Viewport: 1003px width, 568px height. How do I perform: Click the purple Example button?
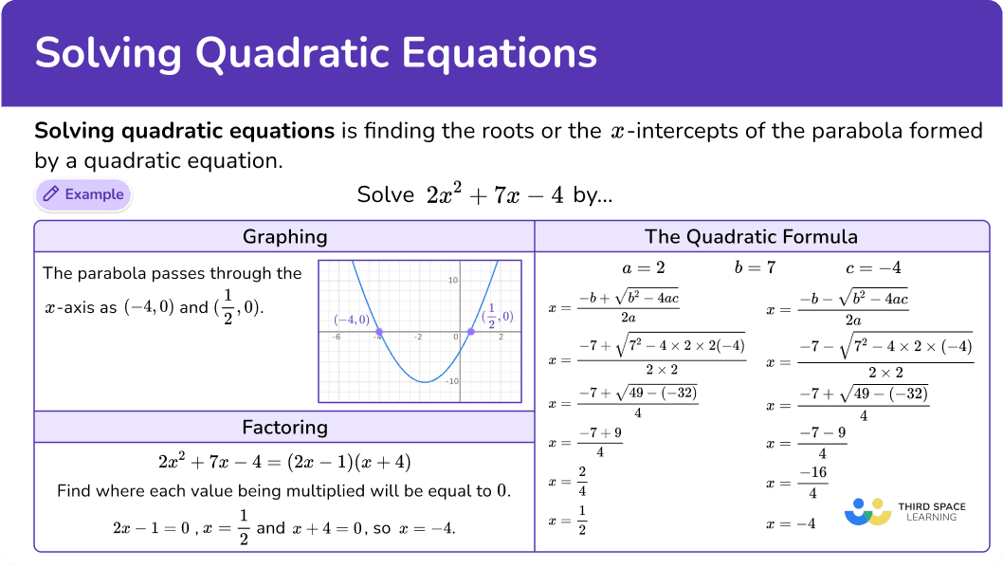click(83, 194)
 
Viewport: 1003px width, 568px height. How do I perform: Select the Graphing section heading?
click(284, 237)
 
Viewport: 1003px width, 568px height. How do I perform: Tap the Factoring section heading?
click(284, 428)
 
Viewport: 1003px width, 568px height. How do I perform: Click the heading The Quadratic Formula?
click(751, 237)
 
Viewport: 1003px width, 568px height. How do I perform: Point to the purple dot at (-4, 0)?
click(378, 332)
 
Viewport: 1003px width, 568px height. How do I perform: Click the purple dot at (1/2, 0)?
click(471, 331)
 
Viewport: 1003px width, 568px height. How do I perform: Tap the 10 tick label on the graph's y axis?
click(453, 280)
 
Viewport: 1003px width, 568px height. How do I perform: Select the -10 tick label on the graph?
click(451, 381)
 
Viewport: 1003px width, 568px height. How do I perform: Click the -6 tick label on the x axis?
click(336, 337)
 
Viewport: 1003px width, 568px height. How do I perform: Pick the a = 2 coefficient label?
click(644, 268)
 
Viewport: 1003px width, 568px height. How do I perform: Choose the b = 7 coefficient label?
click(755, 267)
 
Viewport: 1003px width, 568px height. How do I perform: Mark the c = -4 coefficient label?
click(873, 268)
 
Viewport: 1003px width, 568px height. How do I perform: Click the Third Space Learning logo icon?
click(868, 512)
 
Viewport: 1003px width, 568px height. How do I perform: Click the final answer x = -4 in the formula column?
click(791, 523)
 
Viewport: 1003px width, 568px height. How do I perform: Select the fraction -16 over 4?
click(813, 483)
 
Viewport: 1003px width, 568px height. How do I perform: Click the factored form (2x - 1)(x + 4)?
click(349, 462)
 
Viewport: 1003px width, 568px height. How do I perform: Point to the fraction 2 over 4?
click(582, 481)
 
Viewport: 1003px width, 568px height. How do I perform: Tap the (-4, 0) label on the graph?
click(352, 320)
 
